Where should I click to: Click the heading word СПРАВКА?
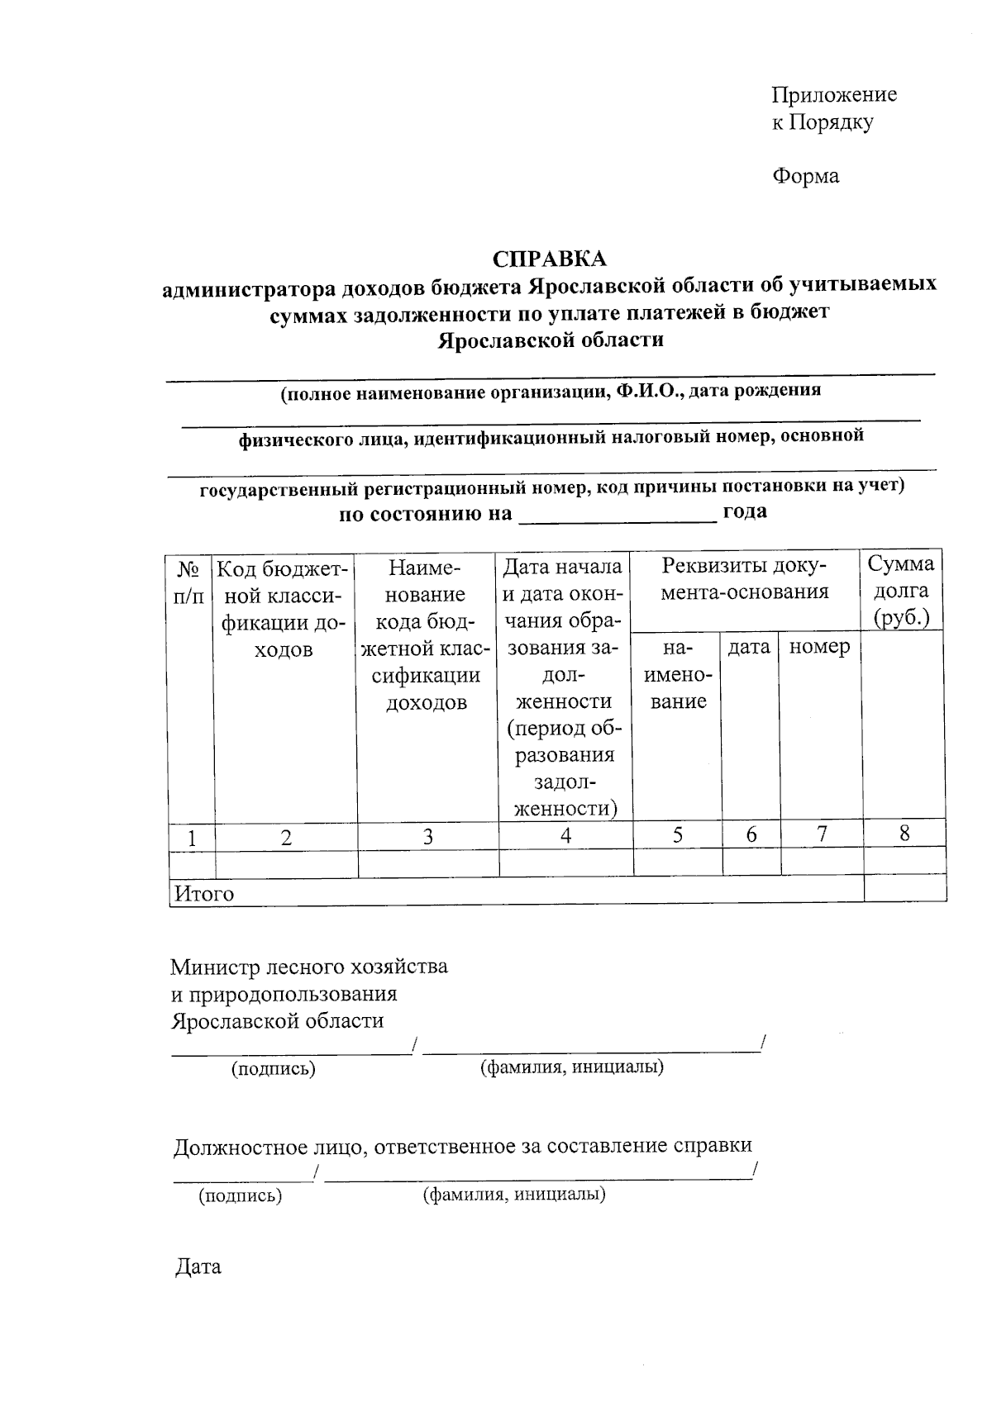549,259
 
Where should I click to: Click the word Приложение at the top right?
833,94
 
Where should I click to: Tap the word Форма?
805,176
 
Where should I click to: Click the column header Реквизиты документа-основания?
744,578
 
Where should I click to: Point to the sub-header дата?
749,647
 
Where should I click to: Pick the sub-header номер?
819,647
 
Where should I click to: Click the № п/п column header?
189,582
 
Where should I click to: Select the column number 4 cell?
565,835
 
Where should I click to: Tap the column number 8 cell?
904,834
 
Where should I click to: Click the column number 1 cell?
192,838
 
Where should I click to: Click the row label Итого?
203,894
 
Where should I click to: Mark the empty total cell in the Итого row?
904,889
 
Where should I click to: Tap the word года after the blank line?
745,511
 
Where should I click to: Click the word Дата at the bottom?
198,1267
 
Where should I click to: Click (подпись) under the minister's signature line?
274,1068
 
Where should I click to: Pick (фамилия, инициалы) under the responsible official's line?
514,1195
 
